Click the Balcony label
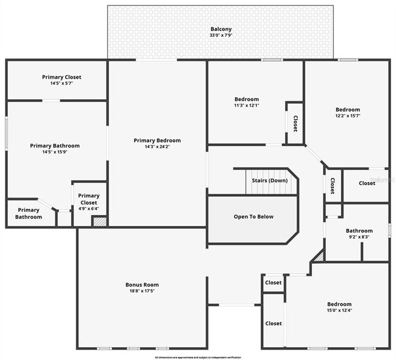click(221, 29)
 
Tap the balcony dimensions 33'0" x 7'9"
click(221, 35)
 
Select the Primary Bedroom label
click(157, 140)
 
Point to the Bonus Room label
click(142, 284)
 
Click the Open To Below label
click(253, 216)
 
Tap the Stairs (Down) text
click(270, 180)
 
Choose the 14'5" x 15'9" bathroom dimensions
click(55, 152)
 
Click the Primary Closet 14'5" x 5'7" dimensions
click(62, 84)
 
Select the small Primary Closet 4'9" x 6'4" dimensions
click(89, 209)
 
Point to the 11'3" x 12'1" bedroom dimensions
click(247, 105)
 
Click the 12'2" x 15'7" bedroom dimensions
click(347, 116)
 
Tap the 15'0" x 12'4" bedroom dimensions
click(339, 311)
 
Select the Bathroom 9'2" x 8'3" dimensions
click(359, 237)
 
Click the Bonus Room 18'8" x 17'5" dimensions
click(142, 291)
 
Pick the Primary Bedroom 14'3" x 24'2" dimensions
click(157, 147)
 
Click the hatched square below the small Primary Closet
click(99, 222)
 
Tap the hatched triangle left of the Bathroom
click(317, 258)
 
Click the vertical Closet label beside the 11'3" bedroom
click(295, 124)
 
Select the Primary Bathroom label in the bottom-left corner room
click(29, 214)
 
